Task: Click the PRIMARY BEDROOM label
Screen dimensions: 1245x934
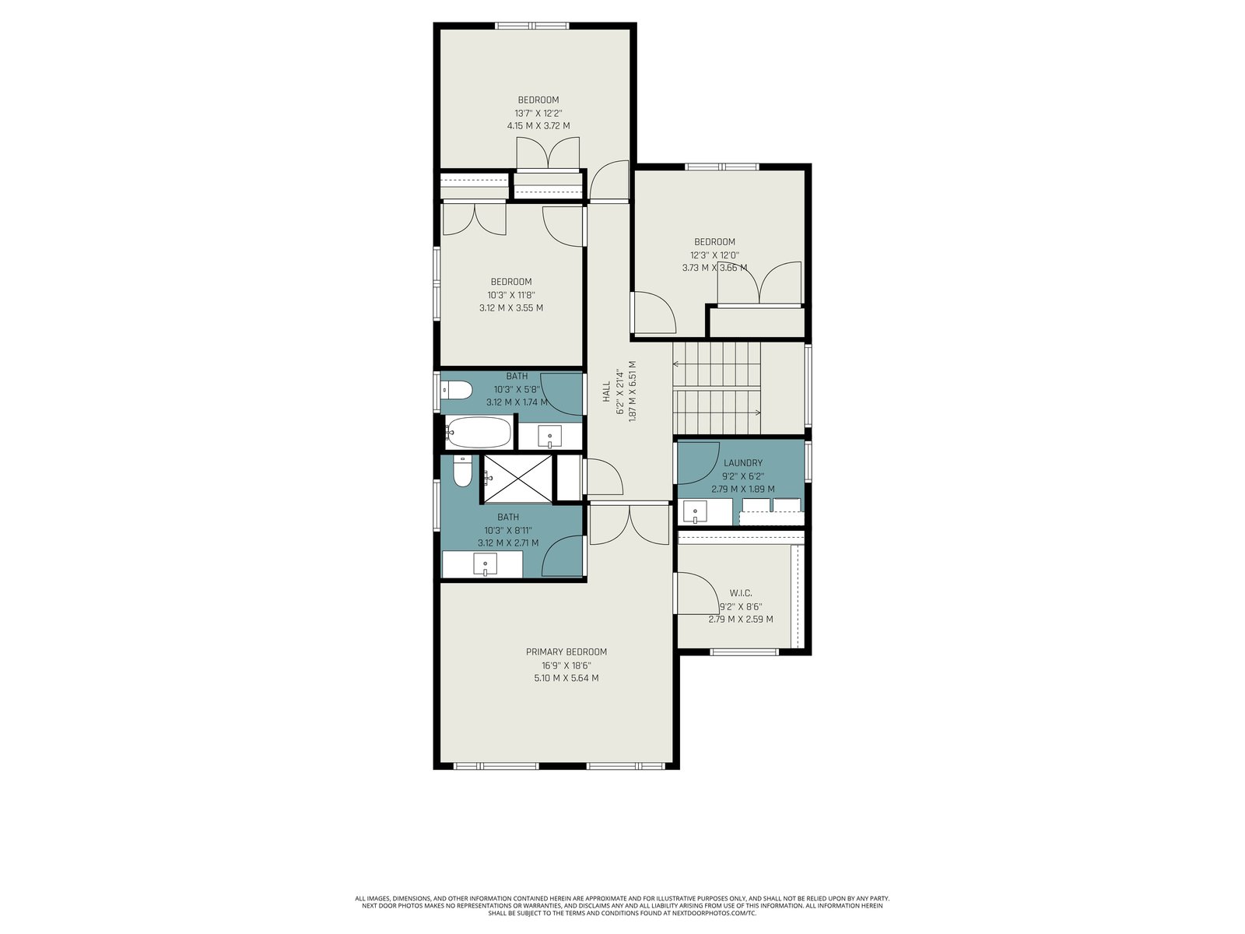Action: tap(566, 651)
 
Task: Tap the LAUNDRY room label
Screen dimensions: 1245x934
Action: tap(742, 463)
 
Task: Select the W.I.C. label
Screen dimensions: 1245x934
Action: tap(740, 593)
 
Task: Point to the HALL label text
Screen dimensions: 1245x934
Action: tap(606, 392)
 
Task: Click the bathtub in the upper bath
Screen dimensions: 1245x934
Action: tap(478, 433)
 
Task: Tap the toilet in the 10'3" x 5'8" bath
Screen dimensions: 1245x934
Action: tap(458, 390)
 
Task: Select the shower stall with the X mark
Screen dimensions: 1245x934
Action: tap(517, 478)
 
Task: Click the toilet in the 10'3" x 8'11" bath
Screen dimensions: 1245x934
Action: tap(462, 472)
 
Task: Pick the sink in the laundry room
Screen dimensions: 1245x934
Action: tap(695, 513)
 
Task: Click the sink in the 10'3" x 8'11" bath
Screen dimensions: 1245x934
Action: tap(485, 564)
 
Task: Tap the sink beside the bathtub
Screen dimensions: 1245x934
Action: tap(549, 436)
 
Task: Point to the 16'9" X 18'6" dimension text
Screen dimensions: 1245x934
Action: tap(566, 665)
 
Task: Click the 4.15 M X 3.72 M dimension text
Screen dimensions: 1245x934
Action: tap(538, 126)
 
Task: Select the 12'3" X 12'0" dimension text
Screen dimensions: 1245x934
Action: tap(714, 255)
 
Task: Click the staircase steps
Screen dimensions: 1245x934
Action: tap(717, 388)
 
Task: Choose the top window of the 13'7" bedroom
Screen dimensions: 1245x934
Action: tap(531, 26)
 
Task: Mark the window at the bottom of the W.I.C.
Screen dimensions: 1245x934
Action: tap(744, 652)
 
